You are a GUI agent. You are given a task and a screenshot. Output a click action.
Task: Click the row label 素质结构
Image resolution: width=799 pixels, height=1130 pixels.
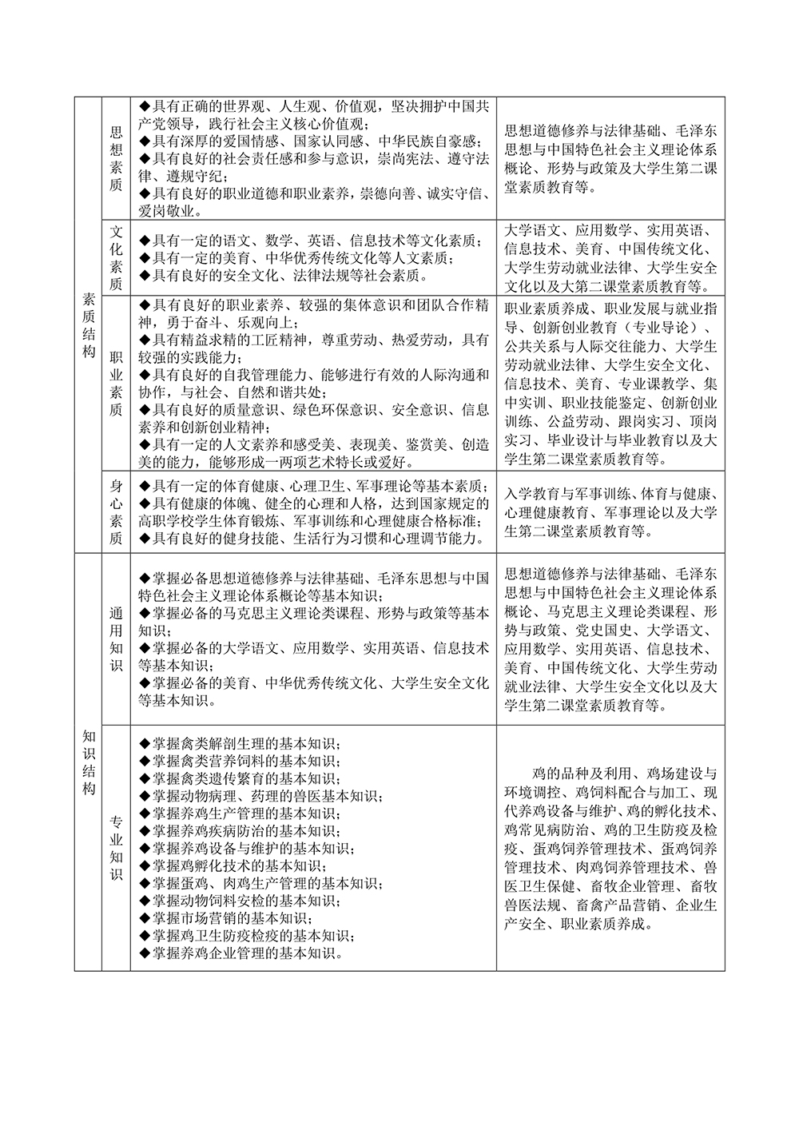click(x=89, y=324)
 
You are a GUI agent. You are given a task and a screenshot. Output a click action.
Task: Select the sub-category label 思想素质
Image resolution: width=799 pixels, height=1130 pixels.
click(x=116, y=157)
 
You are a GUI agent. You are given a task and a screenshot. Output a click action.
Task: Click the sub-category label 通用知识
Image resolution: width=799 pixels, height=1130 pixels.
click(x=116, y=638)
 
